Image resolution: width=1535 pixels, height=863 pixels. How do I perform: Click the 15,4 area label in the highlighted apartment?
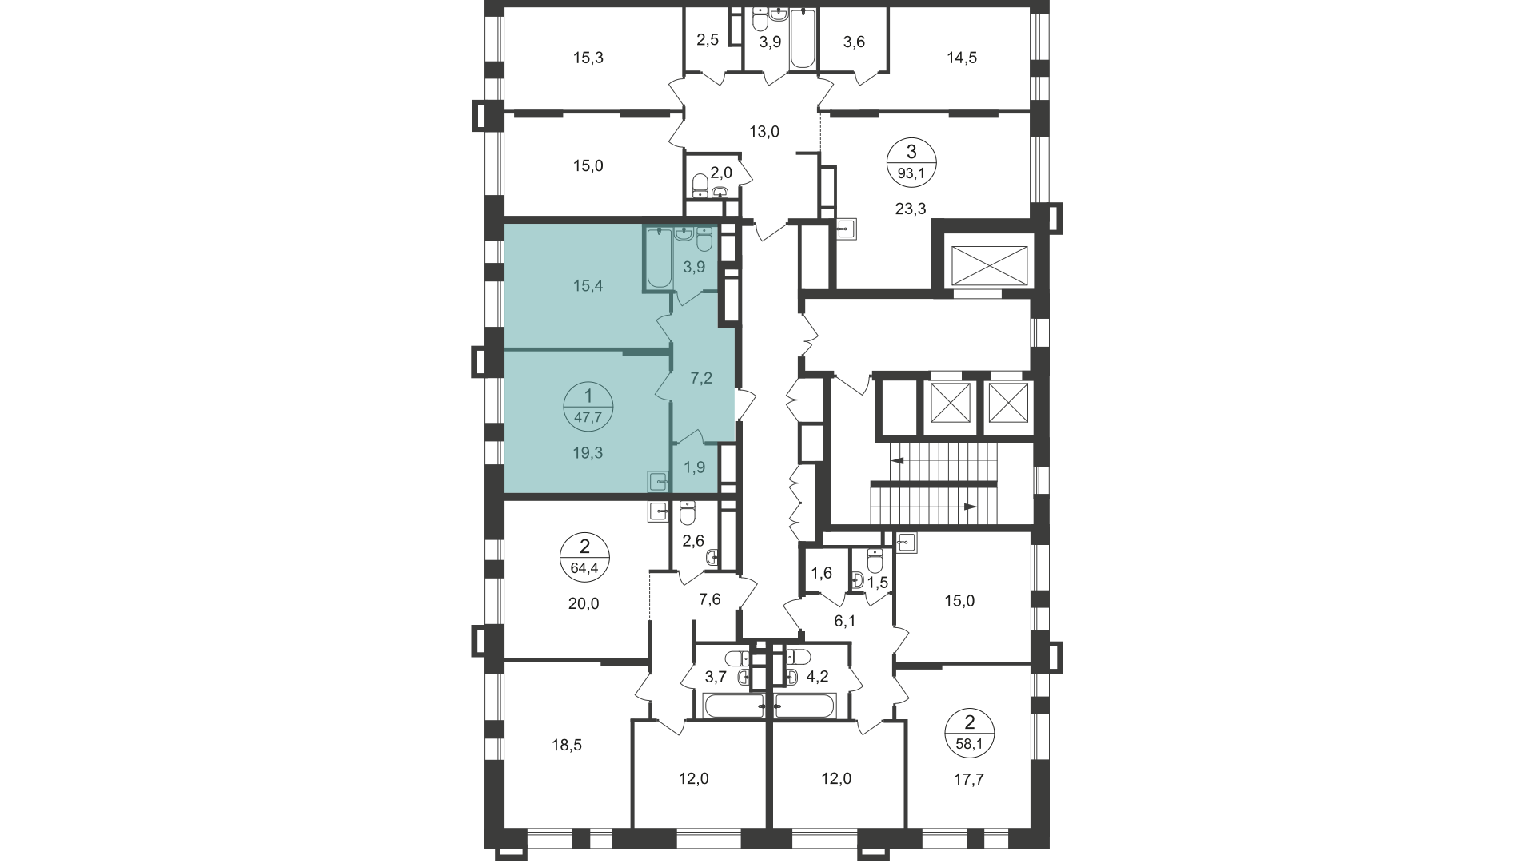[x=587, y=286]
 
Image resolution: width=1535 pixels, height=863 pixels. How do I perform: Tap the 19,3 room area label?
[x=588, y=452]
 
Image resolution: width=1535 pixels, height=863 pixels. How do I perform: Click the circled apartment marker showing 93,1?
[x=911, y=161]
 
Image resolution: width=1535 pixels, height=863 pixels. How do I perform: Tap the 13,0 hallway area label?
[x=764, y=132]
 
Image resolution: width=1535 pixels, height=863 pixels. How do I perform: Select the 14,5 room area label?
[x=962, y=58]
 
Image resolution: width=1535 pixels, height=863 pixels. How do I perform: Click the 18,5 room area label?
[x=566, y=746]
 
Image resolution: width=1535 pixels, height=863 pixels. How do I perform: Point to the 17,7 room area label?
[x=969, y=779]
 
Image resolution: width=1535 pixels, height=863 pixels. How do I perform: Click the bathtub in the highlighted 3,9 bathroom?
[x=660, y=257]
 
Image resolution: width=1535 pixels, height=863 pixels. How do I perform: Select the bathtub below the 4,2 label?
[x=805, y=706]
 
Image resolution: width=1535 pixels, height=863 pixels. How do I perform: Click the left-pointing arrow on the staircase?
[x=897, y=461]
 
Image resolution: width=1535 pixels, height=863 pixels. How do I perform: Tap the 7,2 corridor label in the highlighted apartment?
[x=701, y=378]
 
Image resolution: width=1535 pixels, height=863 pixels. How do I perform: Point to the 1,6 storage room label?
[x=822, y=571]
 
